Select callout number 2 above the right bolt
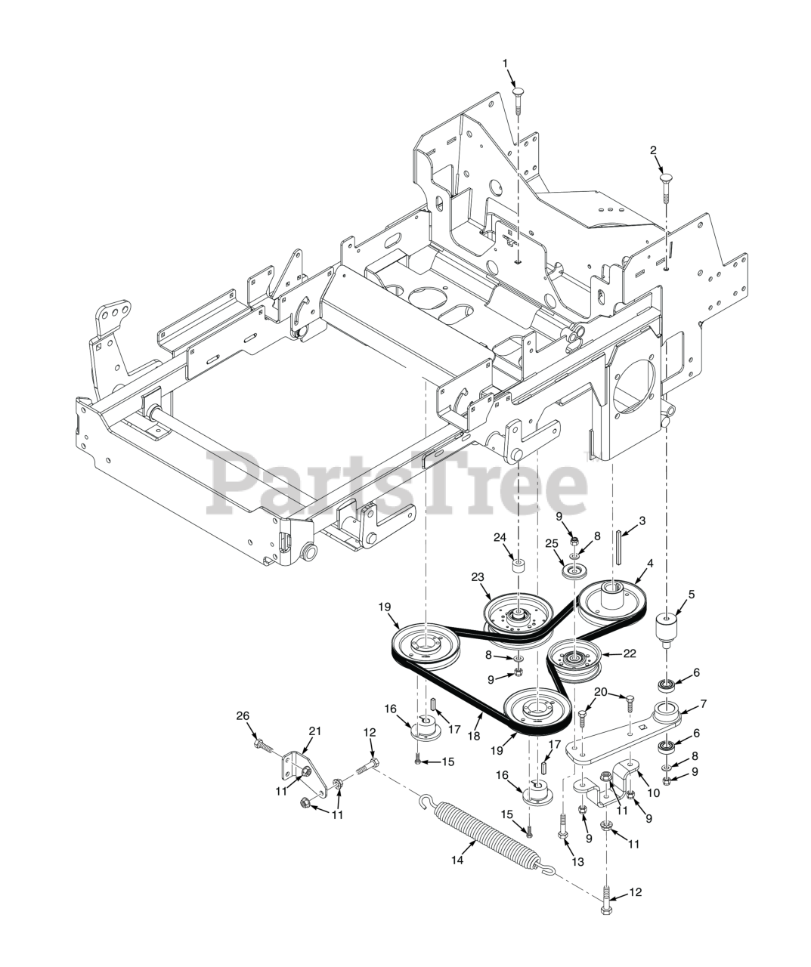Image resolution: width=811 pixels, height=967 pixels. [x=653, y=150]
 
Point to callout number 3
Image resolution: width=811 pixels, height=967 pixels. [x=642, y=521]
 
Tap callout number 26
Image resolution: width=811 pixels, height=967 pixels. [x=242, y=716]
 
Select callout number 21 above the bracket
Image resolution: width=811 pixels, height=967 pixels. [x=315, y=731]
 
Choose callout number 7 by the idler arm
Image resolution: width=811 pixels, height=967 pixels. [x=702, y=704]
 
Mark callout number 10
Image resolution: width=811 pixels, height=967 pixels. [x=653, y=792]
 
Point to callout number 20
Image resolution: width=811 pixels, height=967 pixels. [x=600, y=691]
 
